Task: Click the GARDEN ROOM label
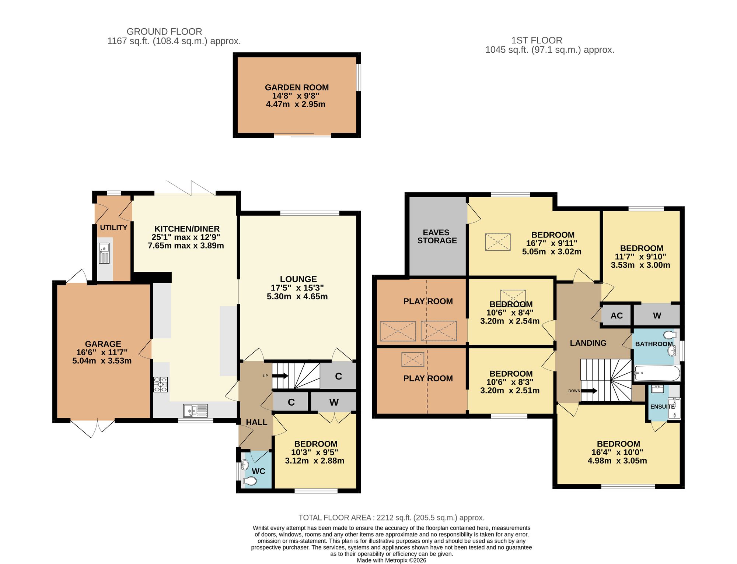tap(297, 88)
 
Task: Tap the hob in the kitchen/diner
tap(160, 385)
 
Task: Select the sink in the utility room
tap(104, 253)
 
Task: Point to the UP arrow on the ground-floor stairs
tap(280, 376)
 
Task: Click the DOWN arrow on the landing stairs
tap(590, 391)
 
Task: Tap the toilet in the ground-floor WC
tap(250, 481)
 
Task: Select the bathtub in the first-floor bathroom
tap(657, 374)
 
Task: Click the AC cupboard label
tap(617, 316)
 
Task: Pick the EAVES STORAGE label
tap(437, 236)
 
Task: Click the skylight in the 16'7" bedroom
tap(498, 242)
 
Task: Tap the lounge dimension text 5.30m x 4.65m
tap(297, 296)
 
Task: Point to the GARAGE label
tap(103, 344)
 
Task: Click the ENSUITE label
tap(662, 406)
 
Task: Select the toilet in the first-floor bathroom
tap(670, 335)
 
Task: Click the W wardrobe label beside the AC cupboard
tap(657, 316)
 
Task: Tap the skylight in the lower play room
tap(413, 359)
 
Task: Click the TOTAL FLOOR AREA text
tap(391, 518)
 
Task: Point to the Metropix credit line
tap(391, 560)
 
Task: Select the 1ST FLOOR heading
tap(537, 40)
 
